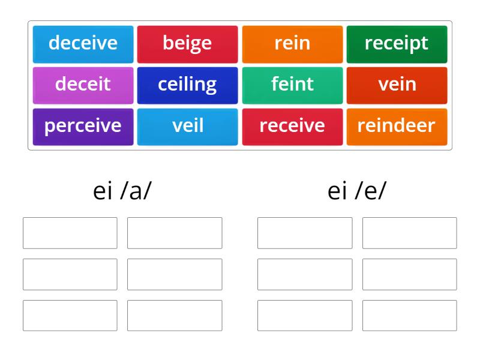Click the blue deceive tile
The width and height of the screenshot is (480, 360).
(83, 44)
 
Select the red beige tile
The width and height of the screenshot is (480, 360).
(187, 44)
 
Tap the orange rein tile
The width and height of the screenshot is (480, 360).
(292, 44)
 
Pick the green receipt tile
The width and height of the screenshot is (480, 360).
(397, 44)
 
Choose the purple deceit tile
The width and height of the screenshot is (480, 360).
(83, 85)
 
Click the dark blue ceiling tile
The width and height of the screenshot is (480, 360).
(187, 85)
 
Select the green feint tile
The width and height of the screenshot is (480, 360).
(292, 85)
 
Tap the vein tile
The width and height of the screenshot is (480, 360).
(397, 85)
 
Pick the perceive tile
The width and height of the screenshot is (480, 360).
(83, 126)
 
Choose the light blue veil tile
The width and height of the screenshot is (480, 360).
(187, 126)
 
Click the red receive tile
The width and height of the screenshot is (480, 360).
(292, 126)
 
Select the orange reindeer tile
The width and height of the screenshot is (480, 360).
(397, 126)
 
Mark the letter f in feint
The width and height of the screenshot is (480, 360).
(275, 85)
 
